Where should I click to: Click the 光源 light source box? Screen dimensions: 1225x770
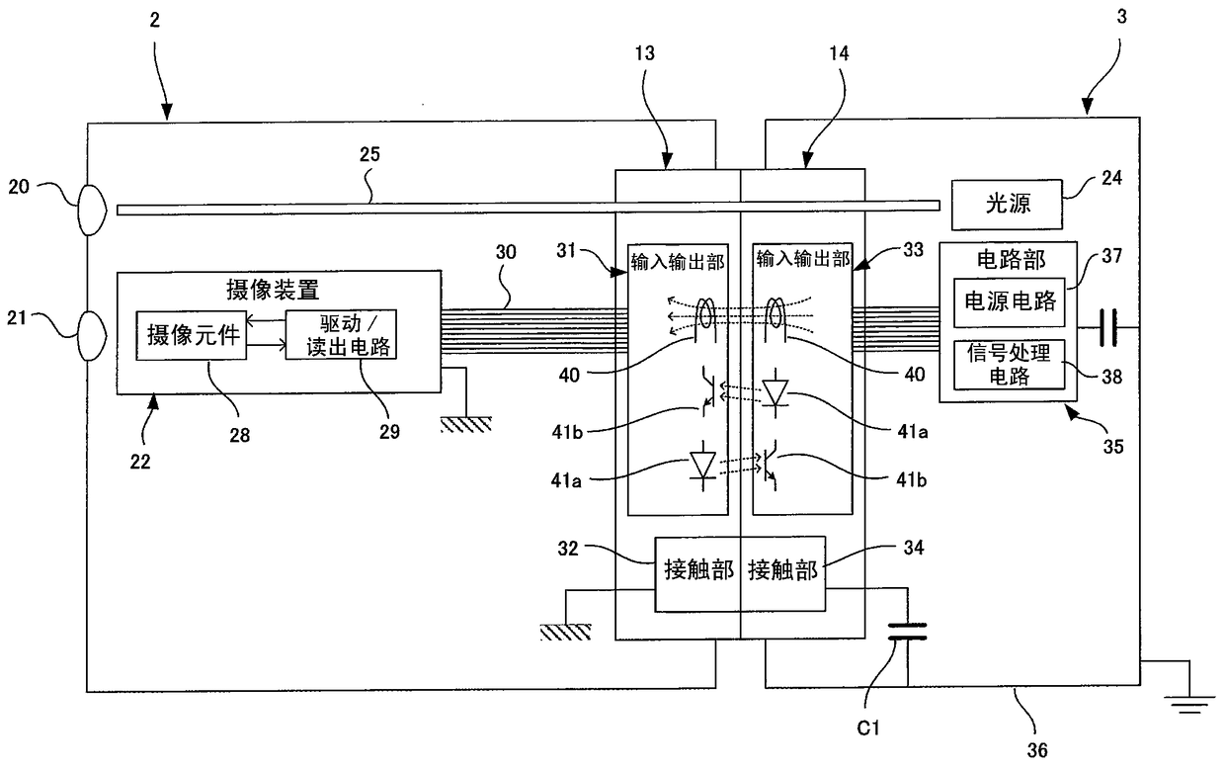[x=1007, y=205]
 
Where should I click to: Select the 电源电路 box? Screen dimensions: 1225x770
[x=1010, y=302]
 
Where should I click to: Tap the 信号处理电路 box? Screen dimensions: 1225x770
[x=1010, y=365]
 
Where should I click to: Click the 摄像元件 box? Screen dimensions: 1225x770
[x=192, y=335]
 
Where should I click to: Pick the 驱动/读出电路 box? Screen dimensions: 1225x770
[x=341, y=334]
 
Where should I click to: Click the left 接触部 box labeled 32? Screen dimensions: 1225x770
[x=697, y=573]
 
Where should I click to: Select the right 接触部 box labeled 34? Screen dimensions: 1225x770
[x=783, y=573]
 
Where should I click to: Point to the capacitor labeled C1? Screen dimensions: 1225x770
[x=907, y=631]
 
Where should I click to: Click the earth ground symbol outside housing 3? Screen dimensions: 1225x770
[x=1189, y=705]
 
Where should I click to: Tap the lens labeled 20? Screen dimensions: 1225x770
[x=91, y=211]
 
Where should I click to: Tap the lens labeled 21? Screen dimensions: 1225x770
[x=91, y=336]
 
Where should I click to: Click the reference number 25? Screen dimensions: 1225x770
[x=369, y=154]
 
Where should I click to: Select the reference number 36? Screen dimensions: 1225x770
[x=1037, y=750]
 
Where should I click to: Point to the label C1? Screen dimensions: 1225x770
[x=868, y=727]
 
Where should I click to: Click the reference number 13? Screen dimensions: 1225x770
[x=645, y=53]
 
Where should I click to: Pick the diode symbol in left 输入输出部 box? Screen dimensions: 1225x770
[x=702, y=467]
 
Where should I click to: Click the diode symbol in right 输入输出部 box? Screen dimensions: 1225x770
[x=775, y=393]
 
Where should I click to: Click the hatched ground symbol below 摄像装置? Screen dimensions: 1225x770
[x=466, y=424]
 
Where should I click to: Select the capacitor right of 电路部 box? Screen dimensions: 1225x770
[x=1108, y=328]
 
